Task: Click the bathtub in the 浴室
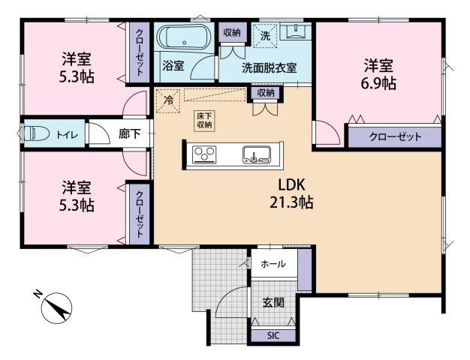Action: (185, 37)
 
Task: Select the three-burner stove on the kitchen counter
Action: (204, 154)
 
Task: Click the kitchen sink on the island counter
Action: (257, 154)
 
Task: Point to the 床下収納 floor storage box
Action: (204, 121)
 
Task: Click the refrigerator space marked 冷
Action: (168, 100)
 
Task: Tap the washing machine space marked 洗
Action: (265, 36)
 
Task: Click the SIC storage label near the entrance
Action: (273, 336)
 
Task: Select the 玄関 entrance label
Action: (273, 303)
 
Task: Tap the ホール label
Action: (273, 264)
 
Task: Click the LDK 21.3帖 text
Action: (291, 193)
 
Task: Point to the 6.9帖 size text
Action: (378, 83)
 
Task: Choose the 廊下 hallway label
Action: (129, 133)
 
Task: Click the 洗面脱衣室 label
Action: (270, 68)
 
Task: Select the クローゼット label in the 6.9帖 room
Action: (395, 137)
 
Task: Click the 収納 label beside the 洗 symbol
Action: (232, 32)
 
